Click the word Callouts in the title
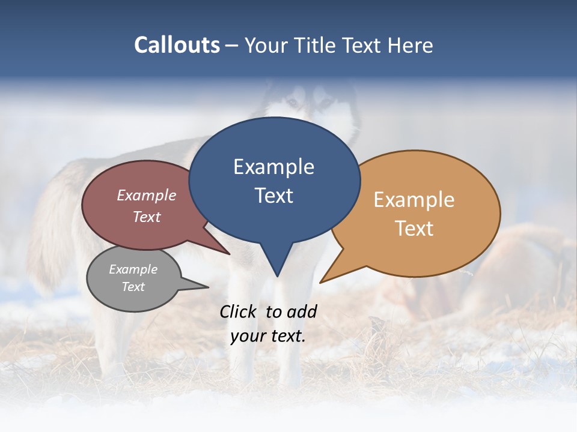pos(177,45)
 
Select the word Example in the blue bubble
pos(273,167)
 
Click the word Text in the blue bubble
pos(273,196)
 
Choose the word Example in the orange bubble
pos(414,200)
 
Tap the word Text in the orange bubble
pos(414,229)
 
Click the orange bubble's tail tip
pos(321,282)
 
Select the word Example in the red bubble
pos(146,196)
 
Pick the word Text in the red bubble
pos(146,217)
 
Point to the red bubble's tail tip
pos(229,254)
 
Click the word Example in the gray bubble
pos(133,270)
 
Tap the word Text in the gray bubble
pos(133,287)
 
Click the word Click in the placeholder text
pos(239,311)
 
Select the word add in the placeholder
pos(302,311)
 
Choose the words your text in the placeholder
pos(267,336)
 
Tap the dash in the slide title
pos(232,45)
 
